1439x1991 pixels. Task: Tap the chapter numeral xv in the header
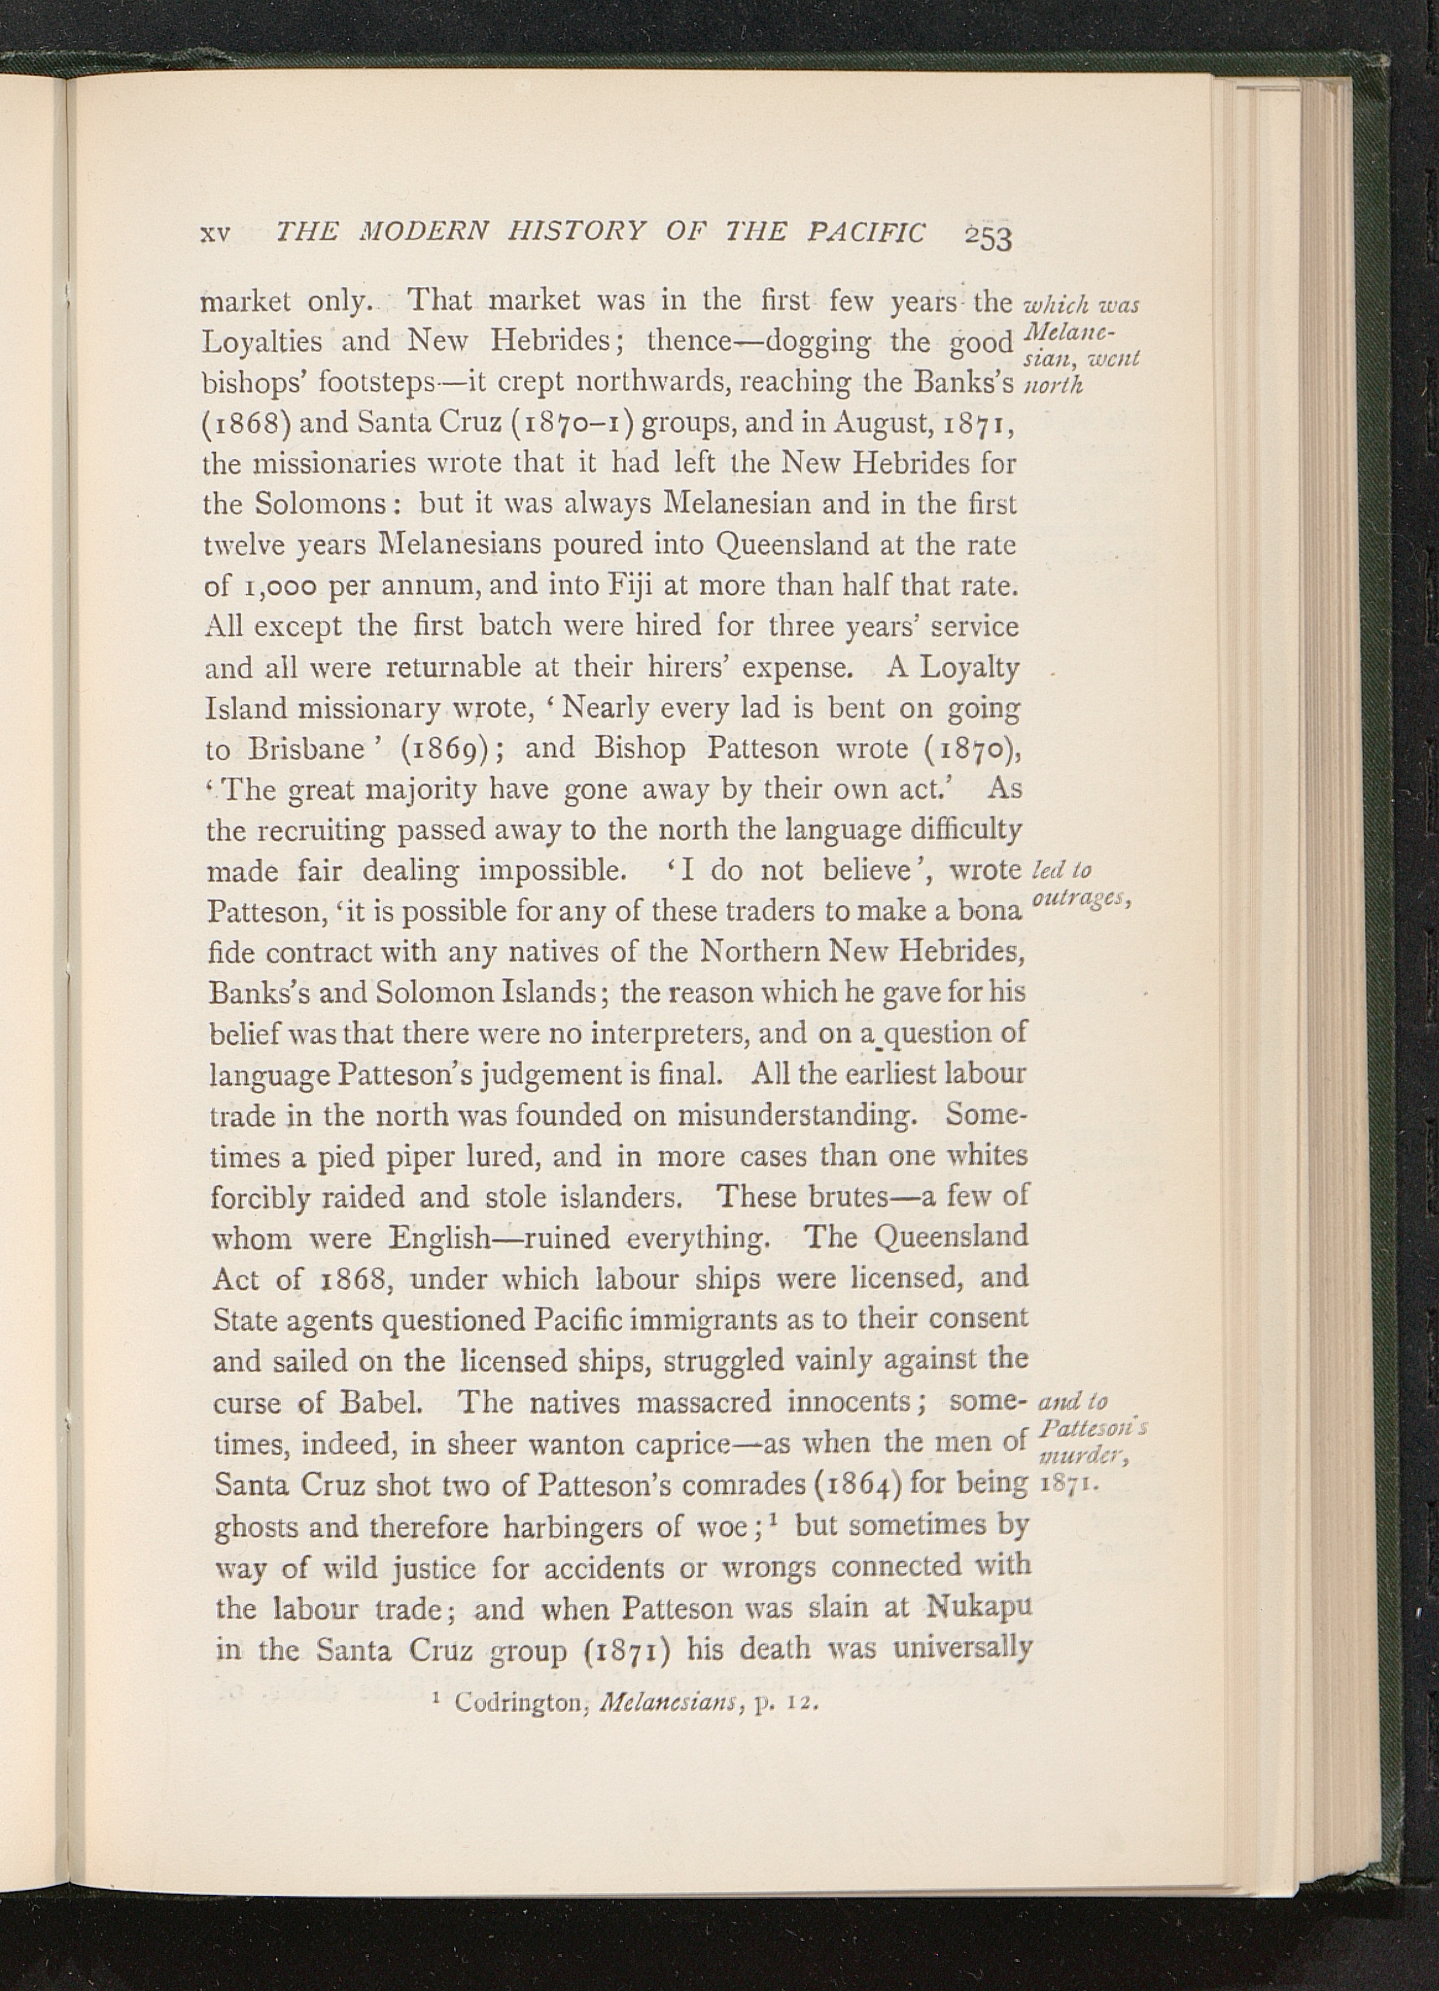(x=216, y=233)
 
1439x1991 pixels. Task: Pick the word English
(x=442, y=1239)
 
